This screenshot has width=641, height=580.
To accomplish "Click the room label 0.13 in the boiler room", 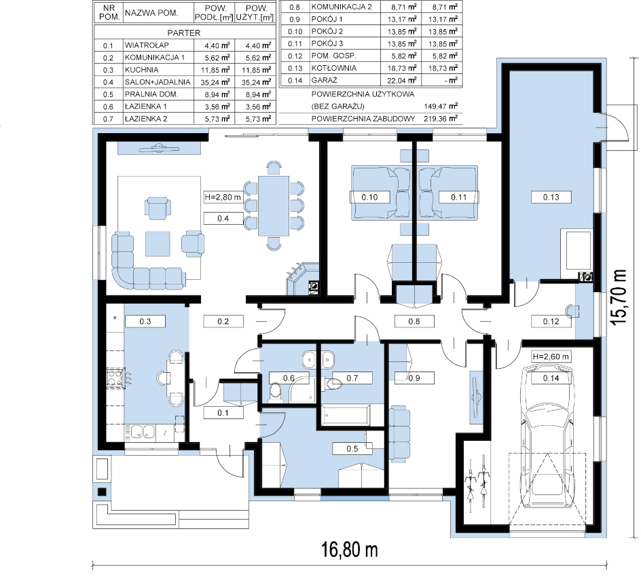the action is pos(551,197).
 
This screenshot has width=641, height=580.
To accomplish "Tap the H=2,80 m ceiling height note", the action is pos(223,197).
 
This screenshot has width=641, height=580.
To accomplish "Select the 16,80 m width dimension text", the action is pos(350,549).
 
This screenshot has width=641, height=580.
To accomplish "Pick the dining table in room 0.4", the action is pos(274,206).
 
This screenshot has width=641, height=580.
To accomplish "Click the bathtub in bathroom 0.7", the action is pos(346,415).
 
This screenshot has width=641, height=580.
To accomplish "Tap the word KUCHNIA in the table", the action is pos(141,70).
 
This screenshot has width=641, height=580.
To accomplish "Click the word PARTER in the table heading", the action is pos(184,33).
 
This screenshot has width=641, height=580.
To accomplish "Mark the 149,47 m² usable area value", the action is pos(441,106).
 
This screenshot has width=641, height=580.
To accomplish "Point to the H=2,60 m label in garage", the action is pos(551,357).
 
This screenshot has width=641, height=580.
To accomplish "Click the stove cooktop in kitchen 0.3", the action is pos(116,378).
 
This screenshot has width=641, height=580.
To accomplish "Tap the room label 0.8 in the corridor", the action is pos(414,322).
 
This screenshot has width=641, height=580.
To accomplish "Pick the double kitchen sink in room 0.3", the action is pos(143,432).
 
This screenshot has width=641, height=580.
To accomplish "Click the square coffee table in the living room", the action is pos(158,244).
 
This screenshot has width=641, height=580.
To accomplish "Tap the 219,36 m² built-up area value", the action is pos(441,119).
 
